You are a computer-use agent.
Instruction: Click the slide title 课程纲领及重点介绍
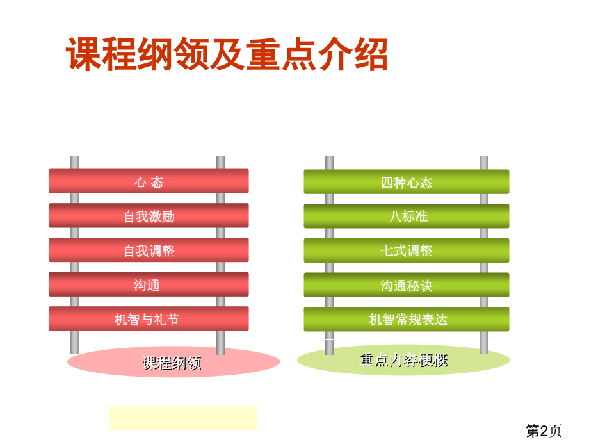pos(227,54)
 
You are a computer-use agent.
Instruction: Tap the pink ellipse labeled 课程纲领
pos(173,363)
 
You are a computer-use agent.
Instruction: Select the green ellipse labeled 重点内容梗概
pos(403,360)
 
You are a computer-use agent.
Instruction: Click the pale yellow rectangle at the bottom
pos(182,418)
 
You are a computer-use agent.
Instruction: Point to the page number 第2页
pos(544,430)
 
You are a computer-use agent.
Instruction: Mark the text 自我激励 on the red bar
pos(149,217)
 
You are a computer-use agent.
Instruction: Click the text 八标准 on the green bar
pos(408,217)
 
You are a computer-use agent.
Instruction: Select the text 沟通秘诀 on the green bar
pos(406,286)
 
